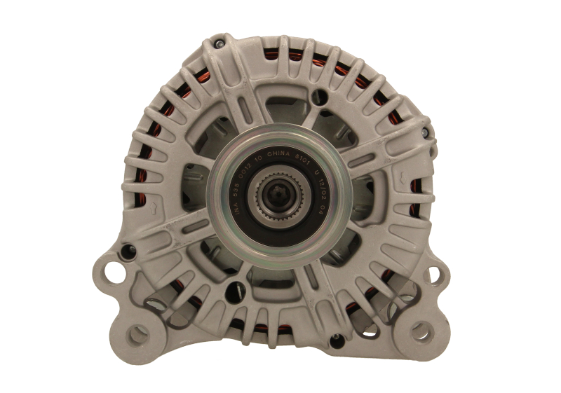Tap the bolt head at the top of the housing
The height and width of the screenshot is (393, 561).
[x=219, y=45]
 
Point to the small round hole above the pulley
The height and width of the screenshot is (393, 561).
[x=321, y=97]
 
